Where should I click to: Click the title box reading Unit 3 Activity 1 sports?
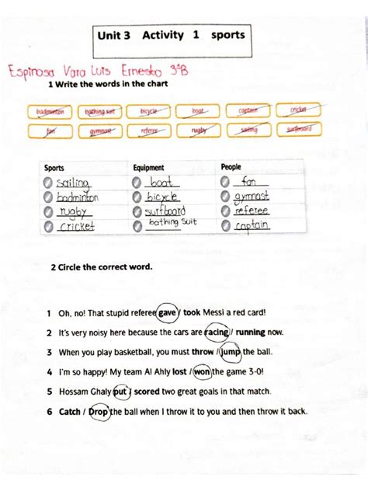point(170,36)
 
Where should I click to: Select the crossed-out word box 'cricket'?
point(297,111)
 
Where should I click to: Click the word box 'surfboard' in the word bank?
point(297,130)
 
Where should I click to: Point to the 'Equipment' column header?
point(149,167)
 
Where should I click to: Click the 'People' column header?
point(231,167)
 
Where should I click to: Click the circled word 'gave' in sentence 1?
point(168,312)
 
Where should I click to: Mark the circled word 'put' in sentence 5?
point(120,392)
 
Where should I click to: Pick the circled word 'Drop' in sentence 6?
point(98,412)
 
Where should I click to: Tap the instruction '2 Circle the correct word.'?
point(102,266)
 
